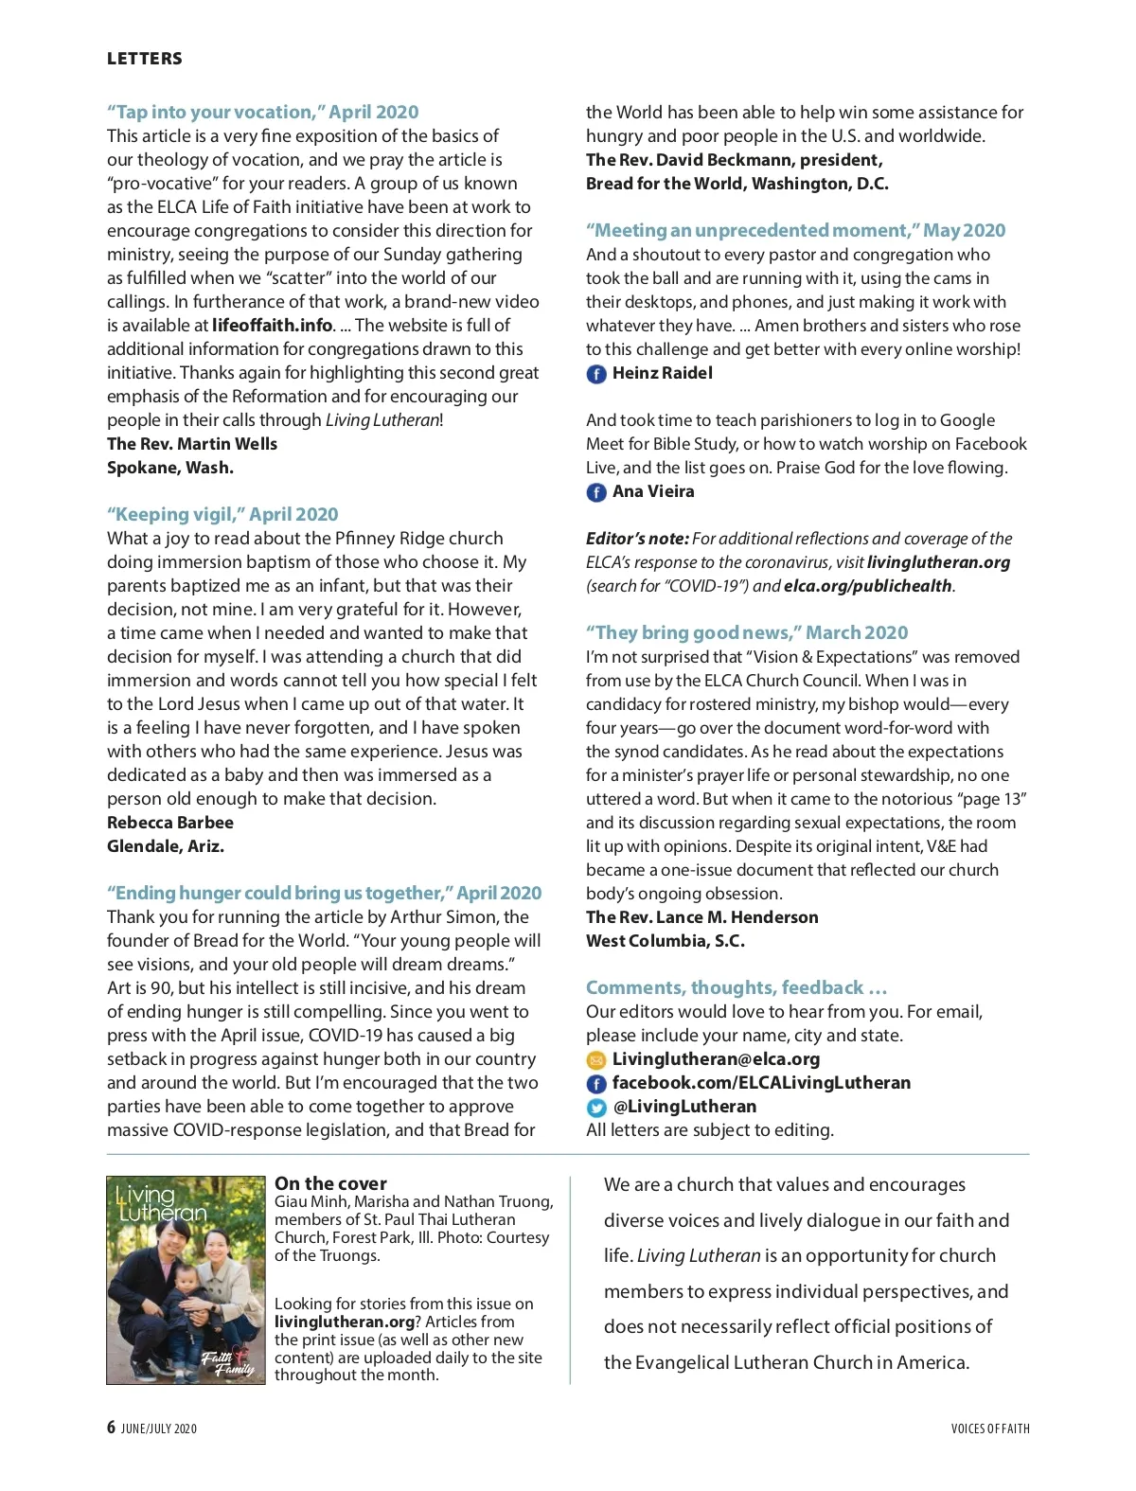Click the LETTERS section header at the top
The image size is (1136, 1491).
tap(144, 59)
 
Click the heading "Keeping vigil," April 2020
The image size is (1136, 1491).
tap(222, 514)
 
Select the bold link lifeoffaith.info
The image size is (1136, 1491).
tap(273, 326)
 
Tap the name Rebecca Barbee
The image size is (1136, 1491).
tap(170, 823)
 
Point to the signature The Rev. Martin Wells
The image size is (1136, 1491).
tap(192, 444)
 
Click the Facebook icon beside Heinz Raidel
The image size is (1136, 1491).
tap(596, 374)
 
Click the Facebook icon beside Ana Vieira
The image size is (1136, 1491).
tap(596, 492)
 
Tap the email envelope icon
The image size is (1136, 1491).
tap(596, 1060)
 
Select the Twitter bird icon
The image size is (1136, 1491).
tap(596, 1108)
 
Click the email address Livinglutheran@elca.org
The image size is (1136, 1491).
tap(716, 1059)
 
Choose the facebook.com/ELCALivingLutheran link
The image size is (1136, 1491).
tap(761, 1083)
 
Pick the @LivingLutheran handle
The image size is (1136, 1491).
tap(684, 1107)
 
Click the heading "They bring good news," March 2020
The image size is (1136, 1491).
tap(747, 632)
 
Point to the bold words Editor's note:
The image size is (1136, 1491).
tap(637, 539)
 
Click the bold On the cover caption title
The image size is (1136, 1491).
tap(330, 1183)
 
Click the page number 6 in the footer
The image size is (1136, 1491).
tap(112, 1428)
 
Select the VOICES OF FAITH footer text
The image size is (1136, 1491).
tap(990, 1429)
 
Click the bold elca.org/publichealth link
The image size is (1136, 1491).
tap(867, 586)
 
